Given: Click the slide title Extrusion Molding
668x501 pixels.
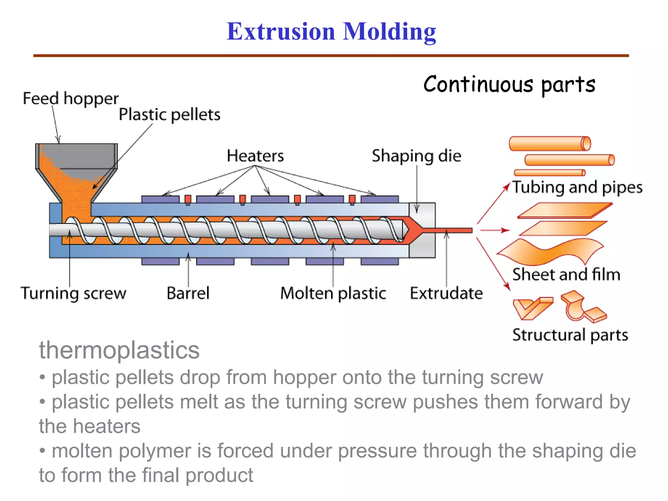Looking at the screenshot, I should click(331, 32).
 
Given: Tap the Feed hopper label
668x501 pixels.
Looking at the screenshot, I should click(70, 99).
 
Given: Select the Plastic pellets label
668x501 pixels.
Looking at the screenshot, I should click(169, 114).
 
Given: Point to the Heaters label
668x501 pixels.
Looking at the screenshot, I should click(255, 156).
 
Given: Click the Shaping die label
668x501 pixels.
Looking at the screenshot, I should click(417, 156).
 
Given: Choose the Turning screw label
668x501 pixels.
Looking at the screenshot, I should click(73, 293).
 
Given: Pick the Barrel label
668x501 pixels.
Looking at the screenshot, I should click(188, 293).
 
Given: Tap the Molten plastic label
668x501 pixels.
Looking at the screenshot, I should click(333, 293).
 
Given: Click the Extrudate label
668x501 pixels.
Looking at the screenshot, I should click(446, 293).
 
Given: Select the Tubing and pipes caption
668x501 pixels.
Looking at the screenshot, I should click(577, 188).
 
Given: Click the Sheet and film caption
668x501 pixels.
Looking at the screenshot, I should click(566, 274).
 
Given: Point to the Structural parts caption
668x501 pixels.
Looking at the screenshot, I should click(570, 335).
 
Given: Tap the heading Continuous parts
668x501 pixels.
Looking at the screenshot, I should click(509, 84).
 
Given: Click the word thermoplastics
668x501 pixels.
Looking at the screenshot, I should click(119, 350).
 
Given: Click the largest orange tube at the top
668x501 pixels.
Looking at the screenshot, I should click(550, 144).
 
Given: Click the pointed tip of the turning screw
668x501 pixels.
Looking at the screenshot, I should click(406, 230).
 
